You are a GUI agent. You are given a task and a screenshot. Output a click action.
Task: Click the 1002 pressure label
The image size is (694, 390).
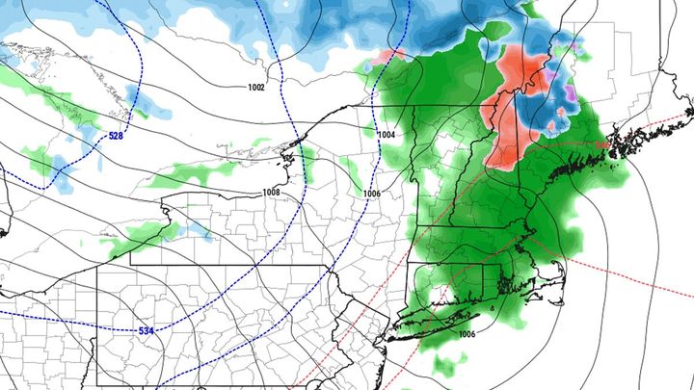[x=255, y=88]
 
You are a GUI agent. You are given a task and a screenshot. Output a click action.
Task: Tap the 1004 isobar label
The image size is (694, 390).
[x=387, y=134]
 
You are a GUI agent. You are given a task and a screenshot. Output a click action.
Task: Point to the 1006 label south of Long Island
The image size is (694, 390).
[x=467, y=334]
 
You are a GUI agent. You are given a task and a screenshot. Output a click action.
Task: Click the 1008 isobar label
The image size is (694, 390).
[x=271, y=193]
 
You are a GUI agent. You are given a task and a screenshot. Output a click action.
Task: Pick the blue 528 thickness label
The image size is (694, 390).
[x=116, y=136]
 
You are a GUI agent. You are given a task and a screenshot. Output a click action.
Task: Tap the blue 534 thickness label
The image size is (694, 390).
[x=146, y=331]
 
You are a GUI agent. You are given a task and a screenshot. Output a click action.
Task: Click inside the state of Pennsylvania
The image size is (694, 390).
[x=212, y=308]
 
